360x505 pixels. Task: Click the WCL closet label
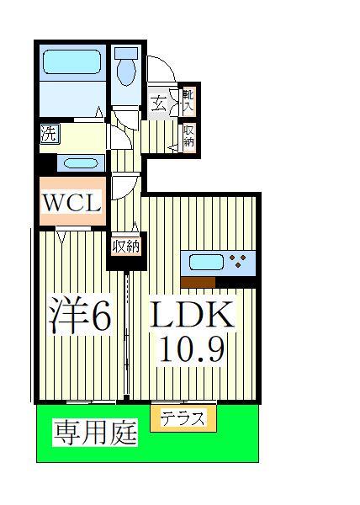[71, 202]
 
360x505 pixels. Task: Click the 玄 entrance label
[159, 103]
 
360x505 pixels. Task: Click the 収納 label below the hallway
[126, 246]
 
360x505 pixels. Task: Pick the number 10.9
[193, 350]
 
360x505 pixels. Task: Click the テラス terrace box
[183, 418]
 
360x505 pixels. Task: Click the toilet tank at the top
[126, 52]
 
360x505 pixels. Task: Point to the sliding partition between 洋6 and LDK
[126, 337]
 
